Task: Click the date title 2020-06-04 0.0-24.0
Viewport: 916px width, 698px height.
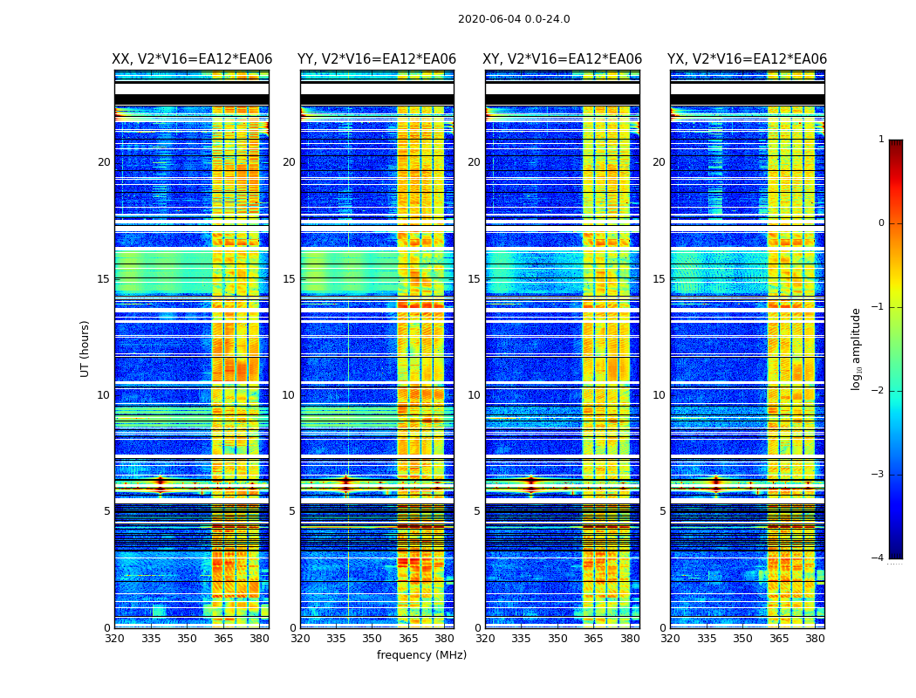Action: pos(514,19)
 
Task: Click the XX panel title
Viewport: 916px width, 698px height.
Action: pos(192,59)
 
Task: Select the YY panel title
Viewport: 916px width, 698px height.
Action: pos(377,59)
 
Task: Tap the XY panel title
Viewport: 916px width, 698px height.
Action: pos(563,59)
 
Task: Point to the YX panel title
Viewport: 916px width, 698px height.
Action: pos(748,59)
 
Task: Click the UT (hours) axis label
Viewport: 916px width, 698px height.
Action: pos(85,348)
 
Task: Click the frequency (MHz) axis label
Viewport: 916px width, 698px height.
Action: pos(421,655)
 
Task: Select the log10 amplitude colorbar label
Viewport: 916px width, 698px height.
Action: pos(857,348)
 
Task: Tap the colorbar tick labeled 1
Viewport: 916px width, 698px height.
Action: pos(881,140)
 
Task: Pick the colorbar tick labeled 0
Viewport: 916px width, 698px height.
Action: pos(881,223)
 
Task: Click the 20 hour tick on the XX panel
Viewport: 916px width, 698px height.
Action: pos(104,162)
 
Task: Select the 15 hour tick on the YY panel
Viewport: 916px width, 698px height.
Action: pos(289,279)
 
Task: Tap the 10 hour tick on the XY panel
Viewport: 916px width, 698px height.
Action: pos(474,395)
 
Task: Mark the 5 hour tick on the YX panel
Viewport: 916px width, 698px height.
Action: pos(662,511)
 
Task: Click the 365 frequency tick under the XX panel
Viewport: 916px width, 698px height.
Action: pos(223,639)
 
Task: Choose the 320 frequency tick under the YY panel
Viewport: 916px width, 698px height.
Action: pos(300,639)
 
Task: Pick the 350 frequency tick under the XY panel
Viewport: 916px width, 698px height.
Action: pos(557,639)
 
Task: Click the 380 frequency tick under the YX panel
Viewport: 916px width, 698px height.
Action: pos(815,639)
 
